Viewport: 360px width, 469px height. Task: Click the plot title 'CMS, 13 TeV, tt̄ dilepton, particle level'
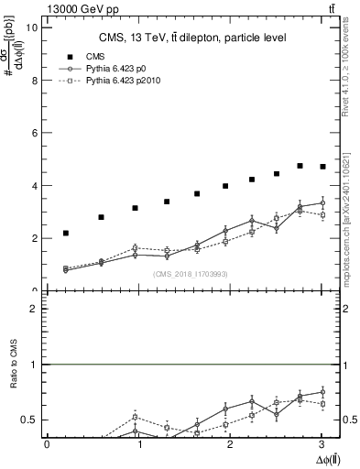tap(192, 38)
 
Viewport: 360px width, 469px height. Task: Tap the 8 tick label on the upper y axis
tap(34, 80)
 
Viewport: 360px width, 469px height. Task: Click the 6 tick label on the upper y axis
tap(34, 133)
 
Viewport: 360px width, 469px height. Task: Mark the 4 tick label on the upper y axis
tap(34, 186)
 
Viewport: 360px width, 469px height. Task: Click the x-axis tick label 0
tap(47, 444)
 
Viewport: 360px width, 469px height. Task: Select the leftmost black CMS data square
tap(66, 234)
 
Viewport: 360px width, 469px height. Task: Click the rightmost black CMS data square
tap(322, 167)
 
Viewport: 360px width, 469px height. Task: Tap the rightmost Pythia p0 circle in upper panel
tap(322, 203)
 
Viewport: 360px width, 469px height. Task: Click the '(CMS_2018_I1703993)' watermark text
tap(191, 274)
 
